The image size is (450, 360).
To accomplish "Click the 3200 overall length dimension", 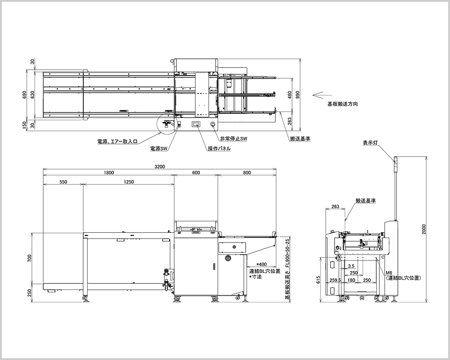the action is tap(160, 166).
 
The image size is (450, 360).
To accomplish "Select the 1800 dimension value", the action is tap(109, 172).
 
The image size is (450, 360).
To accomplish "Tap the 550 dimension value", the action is tap(63, 182).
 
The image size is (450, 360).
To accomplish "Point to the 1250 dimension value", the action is tap(129, 182).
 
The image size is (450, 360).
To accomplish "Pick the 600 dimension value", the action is tap(196, 172).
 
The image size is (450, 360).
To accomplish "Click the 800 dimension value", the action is tap(247, 172).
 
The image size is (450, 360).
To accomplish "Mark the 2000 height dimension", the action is tap(424, 229).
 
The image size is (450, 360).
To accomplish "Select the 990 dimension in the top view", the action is tap(298, 94).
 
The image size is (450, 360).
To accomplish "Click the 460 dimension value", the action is tap(290, 94).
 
